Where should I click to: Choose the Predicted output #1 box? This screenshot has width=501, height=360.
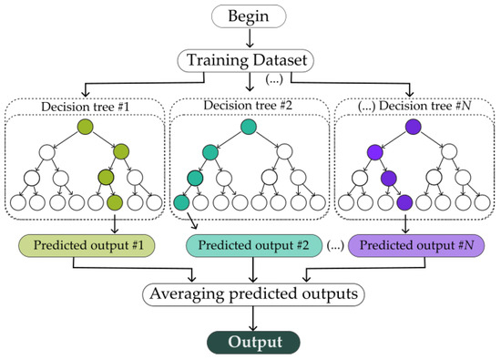86,245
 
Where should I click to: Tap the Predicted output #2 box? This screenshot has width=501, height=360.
248,245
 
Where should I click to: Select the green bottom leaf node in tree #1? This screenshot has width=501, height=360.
115,201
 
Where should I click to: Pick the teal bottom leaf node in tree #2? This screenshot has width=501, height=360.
180,201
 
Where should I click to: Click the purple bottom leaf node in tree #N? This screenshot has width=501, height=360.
404,201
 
